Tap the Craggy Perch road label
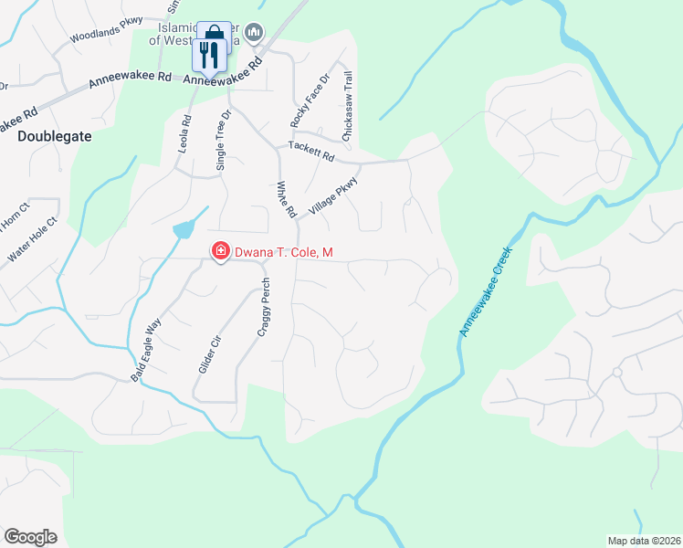pyautogui.click(x=263, y=307)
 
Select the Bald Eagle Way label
pyautogui.click(x=146, y=349)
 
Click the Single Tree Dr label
pyautogui.click(x=221, y=137)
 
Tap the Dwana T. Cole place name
pyautogui.click(x=276, y=251)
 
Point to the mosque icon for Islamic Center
pyautogui.click(x=255, y=33)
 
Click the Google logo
pyautogui.click(x=31, y=538)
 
